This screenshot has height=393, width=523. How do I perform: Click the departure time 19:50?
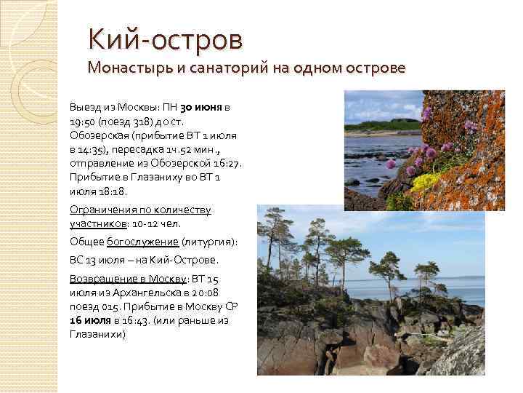point(81,121)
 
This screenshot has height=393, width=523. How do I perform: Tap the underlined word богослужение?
point(143,242)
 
